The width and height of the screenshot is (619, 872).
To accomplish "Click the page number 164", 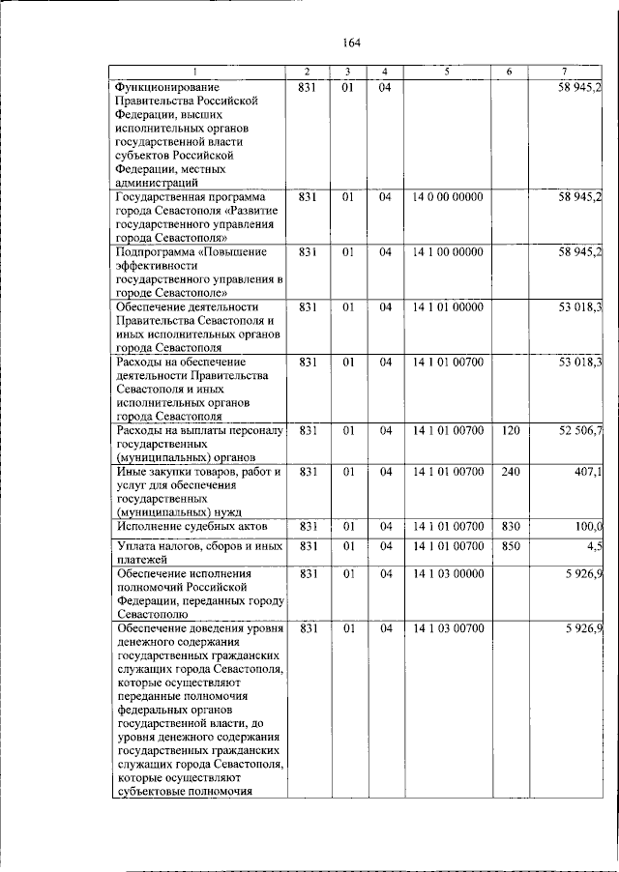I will pos(350,43).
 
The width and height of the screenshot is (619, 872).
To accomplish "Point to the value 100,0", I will pos(587,526).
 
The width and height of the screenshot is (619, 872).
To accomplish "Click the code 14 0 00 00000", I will pos(447,197).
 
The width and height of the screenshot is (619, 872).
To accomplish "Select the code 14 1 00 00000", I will pos(447,252).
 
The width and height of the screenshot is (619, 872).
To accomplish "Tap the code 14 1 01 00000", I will pos(447,307).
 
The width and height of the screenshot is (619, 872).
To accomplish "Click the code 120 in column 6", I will pos(512,429).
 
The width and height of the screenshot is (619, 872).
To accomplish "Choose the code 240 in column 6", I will pos(512,471).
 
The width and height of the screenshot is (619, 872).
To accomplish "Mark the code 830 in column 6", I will pos(512,526).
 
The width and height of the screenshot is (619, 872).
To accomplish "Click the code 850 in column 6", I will pos(512,546).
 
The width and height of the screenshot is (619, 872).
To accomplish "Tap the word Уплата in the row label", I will pos(136,547).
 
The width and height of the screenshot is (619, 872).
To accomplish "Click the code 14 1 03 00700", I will pos(447,628).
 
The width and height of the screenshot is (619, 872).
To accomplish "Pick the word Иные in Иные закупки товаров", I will pos(132,472).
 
